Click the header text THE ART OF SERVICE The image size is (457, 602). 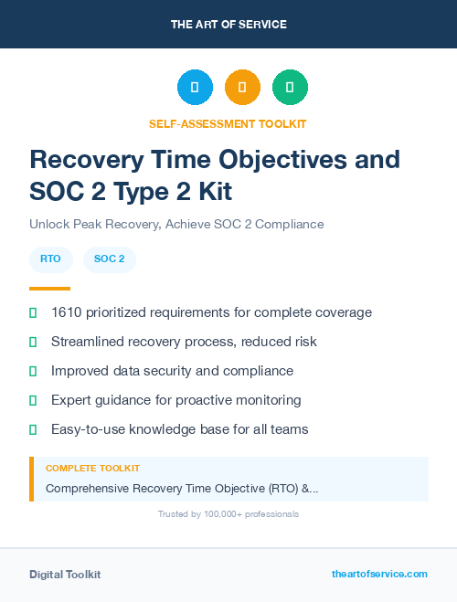tap(228, 24)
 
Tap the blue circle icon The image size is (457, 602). tap(195, 87)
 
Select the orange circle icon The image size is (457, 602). tap(242, 87)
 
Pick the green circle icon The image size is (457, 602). tap(290, 87)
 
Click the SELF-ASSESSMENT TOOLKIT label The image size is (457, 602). tap(228, 123)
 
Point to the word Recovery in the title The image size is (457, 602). tap(84, 159)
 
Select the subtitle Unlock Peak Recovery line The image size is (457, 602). tap(176, 224)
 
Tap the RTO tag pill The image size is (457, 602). tap(51, 259)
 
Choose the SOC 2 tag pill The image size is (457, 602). tap(110, 259)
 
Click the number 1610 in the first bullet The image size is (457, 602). tap(67, 312)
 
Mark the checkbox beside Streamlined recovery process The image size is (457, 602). tap(33, 342)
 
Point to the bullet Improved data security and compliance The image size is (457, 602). tap(172, 371)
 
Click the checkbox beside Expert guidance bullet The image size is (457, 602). tap(33, 400)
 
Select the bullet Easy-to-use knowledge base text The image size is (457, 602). tap(179, 429)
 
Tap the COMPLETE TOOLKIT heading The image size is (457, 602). tap(92, 469)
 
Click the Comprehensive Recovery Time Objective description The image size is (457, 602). tap(182, 489)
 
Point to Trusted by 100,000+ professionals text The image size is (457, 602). tap(228, 514)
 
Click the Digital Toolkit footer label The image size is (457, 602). tap(65, 575)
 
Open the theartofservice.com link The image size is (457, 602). tap(379, 574)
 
